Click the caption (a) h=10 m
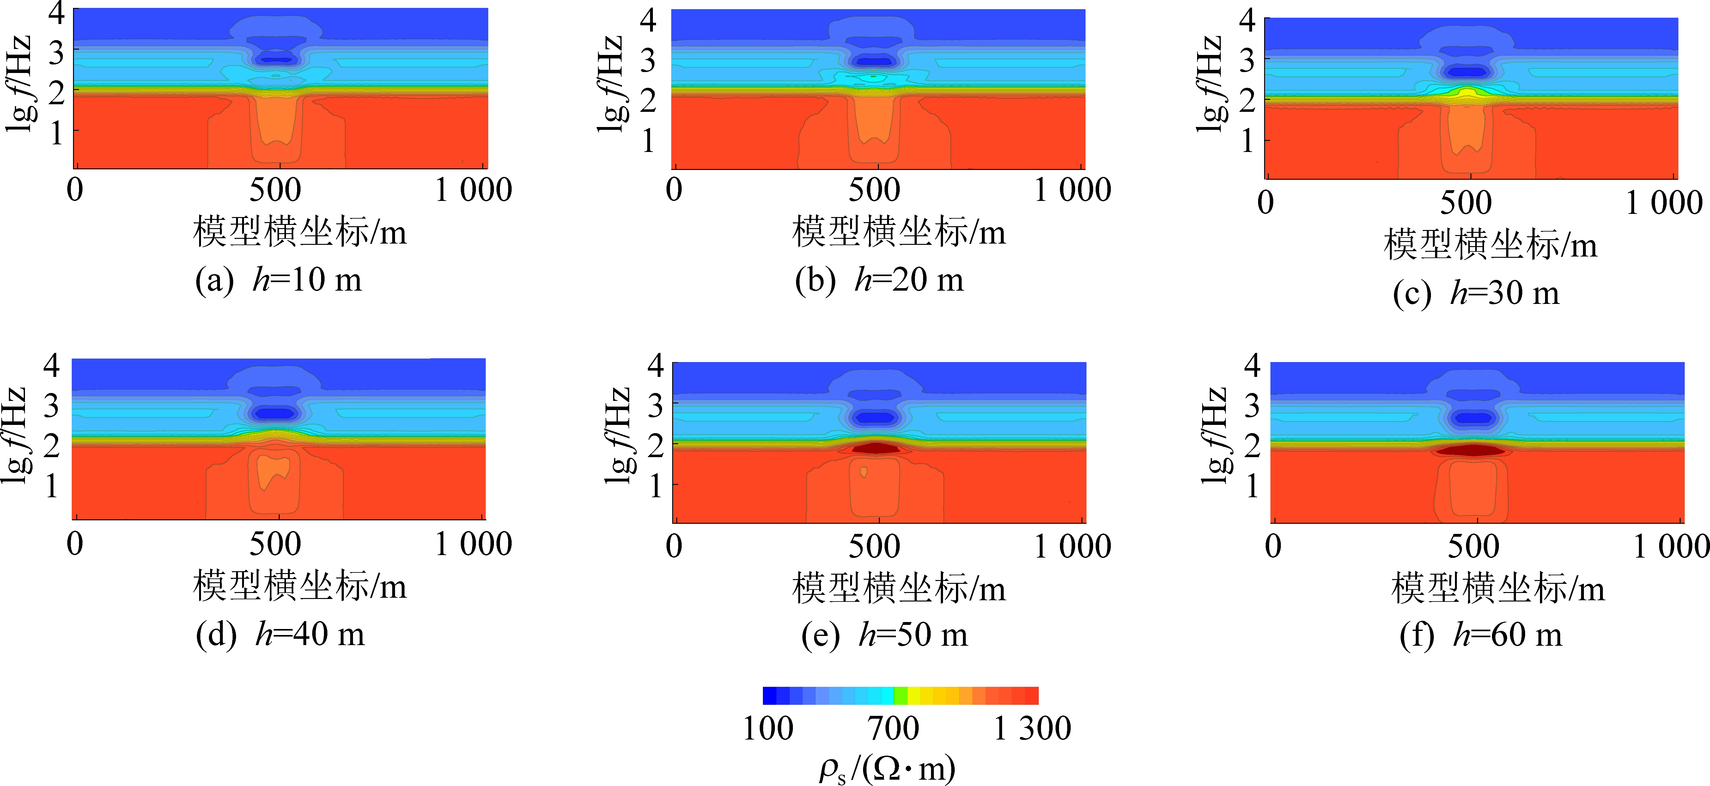point(279,280)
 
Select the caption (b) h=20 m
point(879,280)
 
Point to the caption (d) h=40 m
point(280,635)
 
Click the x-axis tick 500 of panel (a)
point(275,190)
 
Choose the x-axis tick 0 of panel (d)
point(75,544)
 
